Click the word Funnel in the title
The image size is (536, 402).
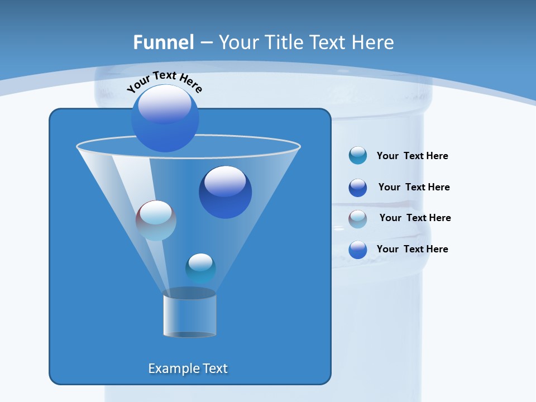click(x=164, y=42)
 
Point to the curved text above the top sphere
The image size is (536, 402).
click(x=164, y=81)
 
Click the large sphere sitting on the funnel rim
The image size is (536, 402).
click(x=165, y=118)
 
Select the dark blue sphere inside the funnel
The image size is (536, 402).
click(x=225, y=192)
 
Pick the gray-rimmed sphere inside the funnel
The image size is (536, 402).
click(x=156, y=221)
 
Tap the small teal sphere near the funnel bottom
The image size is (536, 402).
click(x=200, y=268)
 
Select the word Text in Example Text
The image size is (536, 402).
click(x=215, y=368)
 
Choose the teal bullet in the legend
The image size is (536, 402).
click(x=358, y=155)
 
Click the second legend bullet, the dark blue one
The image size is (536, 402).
click(x=358, y=188)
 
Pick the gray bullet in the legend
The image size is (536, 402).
click(x=358, y=219)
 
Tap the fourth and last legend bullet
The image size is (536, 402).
click(x=358, y=250)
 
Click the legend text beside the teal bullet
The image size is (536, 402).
click(x=412, y=156)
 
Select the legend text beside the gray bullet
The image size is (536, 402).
click(x=415, y=218)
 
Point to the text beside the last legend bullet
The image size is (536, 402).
click(x=412, y=249)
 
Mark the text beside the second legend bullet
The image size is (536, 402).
click(x=414, y=187)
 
